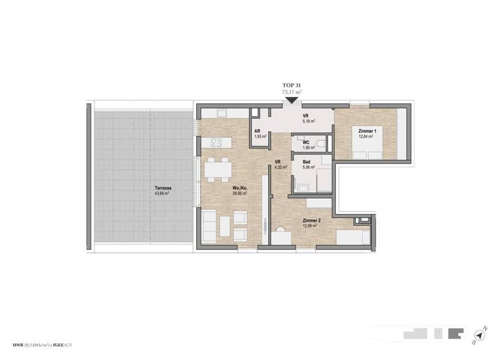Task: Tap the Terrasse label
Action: point(162,188)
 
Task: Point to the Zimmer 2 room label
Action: point(312,221)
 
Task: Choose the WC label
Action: point(307,142)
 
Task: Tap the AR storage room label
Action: point(259,132)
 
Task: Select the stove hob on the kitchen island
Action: point(214,143)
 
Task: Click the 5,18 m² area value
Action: point(311,121)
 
